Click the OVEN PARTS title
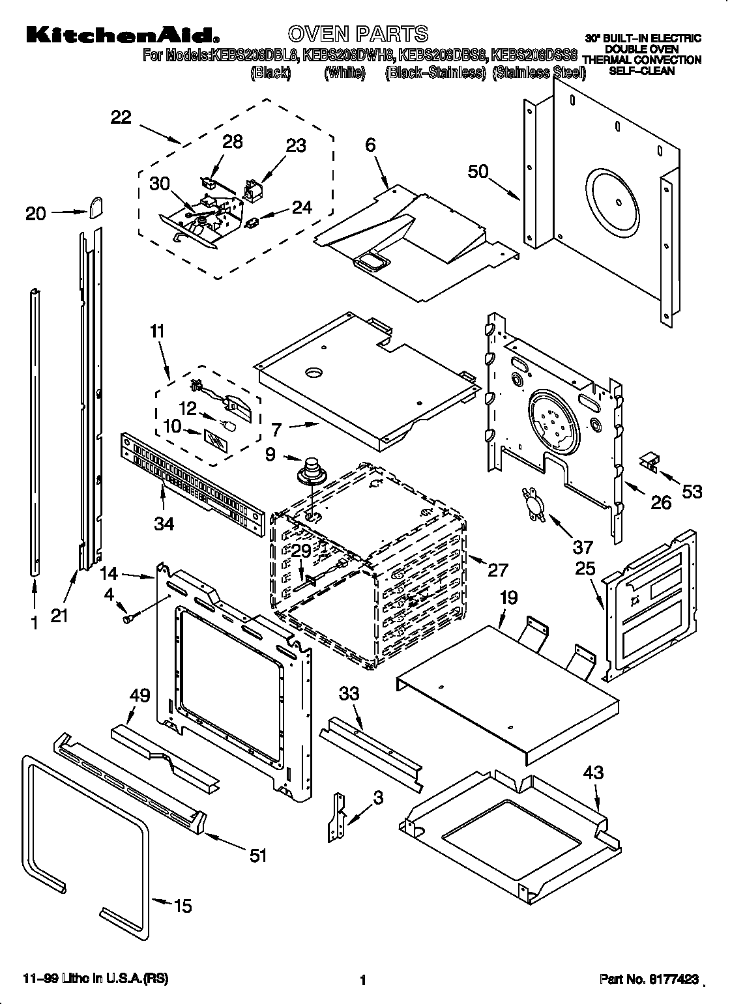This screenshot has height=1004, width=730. (358, 33)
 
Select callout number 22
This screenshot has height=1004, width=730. (121, 117)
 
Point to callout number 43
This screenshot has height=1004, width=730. (594, 773)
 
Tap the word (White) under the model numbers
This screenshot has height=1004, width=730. (344, 73)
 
